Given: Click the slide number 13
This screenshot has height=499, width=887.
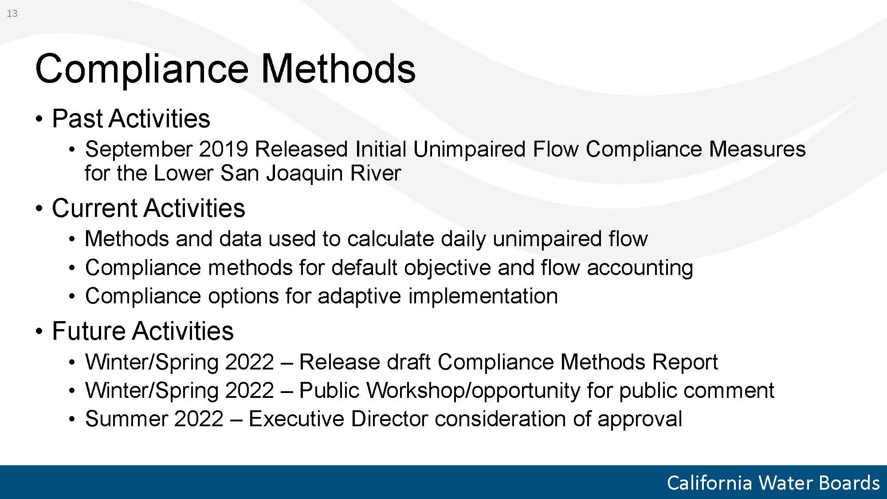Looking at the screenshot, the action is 12,14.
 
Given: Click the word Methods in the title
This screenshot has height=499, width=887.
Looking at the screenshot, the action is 338,68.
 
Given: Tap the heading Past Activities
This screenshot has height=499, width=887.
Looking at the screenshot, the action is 131,118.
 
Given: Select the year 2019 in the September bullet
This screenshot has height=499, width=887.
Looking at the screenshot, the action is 223,149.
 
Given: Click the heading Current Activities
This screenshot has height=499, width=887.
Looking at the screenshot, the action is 149,208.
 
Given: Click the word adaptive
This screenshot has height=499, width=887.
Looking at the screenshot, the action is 359,296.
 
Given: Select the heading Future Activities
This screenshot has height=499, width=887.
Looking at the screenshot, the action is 143,331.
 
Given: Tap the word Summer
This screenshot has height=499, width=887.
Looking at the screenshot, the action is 126,419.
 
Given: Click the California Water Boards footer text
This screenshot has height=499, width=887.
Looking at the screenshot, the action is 773,483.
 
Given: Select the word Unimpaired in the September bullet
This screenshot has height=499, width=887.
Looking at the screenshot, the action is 470,149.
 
